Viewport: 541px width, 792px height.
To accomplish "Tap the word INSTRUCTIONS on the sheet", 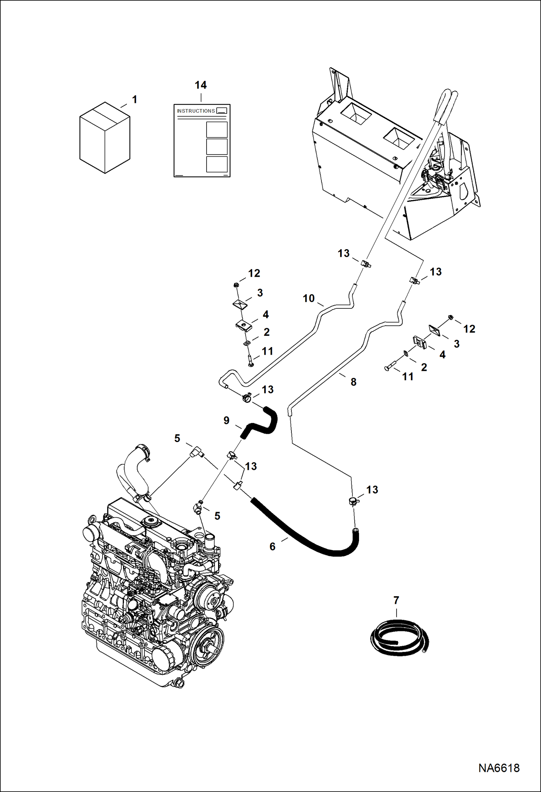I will pyautogui.click(x=196, y=111).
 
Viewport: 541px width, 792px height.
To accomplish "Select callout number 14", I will pyautogui.click(x=201, y=85).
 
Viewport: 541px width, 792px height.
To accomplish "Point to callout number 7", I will pyautogui.click(x=396, y=600).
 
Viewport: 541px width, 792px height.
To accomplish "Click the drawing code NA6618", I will pyautogui.click(x=499, y=768).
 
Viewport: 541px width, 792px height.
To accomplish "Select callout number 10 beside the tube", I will pyautogui.click(x=308, y=298).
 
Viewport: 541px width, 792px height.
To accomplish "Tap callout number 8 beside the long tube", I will pyautogui.click(x=353, y=382).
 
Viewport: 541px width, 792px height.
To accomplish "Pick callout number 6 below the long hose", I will pyautogui.click(x=272, y=546).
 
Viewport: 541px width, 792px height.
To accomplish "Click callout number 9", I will pyautogui.click(x=226, y=420).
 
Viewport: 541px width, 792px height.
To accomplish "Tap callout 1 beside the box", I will pyautogui.click(x=134, y=99).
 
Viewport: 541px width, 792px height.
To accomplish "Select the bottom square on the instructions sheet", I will pyautogui.click(x=217, y=164).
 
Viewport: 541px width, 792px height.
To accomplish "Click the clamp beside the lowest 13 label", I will pyautogui.click(x=353, y=501).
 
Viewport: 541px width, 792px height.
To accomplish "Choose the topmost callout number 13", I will pyautogui.click(x=343, y=253).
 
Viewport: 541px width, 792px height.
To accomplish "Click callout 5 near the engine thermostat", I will pyautogui.click(x=217, y=516).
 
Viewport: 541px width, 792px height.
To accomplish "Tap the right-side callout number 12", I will pyautogui.click(x=469, y=329).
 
